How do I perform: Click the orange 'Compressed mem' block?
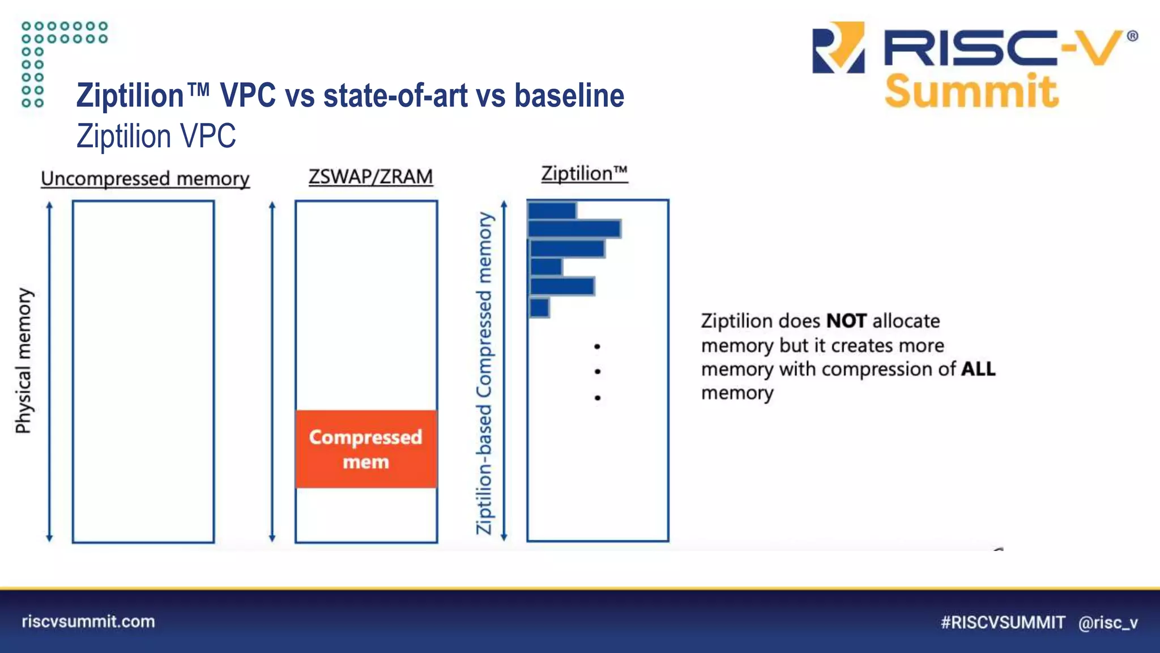pos(366,449)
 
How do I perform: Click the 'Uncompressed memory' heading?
pos(145,179)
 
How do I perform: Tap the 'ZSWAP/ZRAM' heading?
pos(370,176)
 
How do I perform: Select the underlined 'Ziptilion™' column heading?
pos(584,173)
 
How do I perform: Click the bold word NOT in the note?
pos(846,321)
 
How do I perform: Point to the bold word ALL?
pos(978,369)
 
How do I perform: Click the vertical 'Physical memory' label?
pos(24,361)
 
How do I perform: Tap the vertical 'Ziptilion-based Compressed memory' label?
pos(484,373)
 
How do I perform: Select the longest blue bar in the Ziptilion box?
pos(574,228)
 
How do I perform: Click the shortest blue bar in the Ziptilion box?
pos(539,308)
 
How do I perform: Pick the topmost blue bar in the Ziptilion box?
pos(552,210)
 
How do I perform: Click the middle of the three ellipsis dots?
pos(598,371)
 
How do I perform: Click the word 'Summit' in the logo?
pos(971,91)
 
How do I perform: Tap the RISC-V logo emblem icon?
pos(838,48)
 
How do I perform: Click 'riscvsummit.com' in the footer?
pos(88,621)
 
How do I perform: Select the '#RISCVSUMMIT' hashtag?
pos(1003,622)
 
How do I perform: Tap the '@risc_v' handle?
pos(1108,622)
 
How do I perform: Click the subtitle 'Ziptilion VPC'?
pos(156,136)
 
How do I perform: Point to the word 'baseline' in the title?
pos(569,95)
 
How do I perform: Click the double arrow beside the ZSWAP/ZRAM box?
pos(272,371)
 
